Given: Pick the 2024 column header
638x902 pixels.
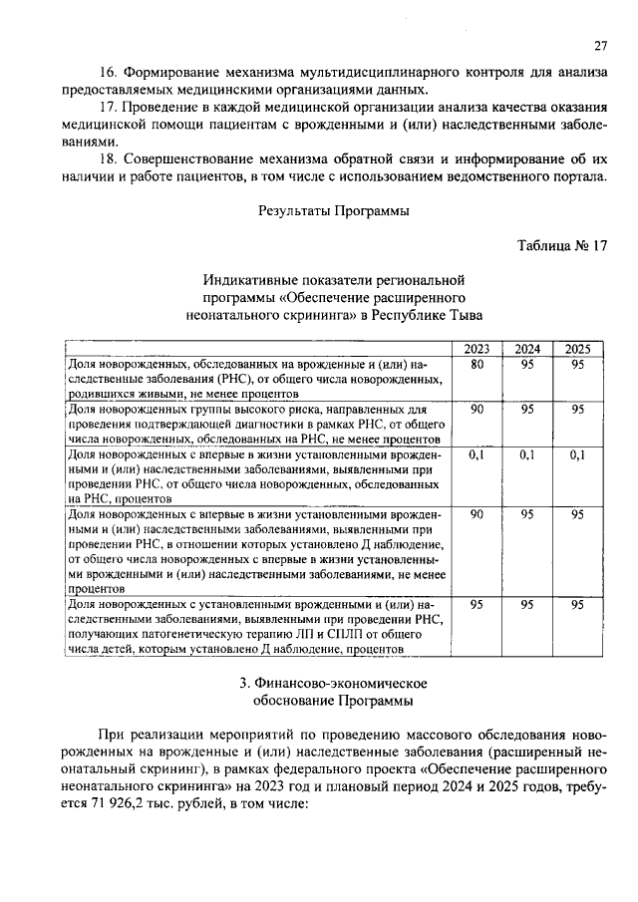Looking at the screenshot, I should click(x=527, y=349).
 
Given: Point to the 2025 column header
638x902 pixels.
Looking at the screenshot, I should click(x=577, y=349).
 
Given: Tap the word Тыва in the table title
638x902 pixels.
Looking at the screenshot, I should click(x=462, y=315).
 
